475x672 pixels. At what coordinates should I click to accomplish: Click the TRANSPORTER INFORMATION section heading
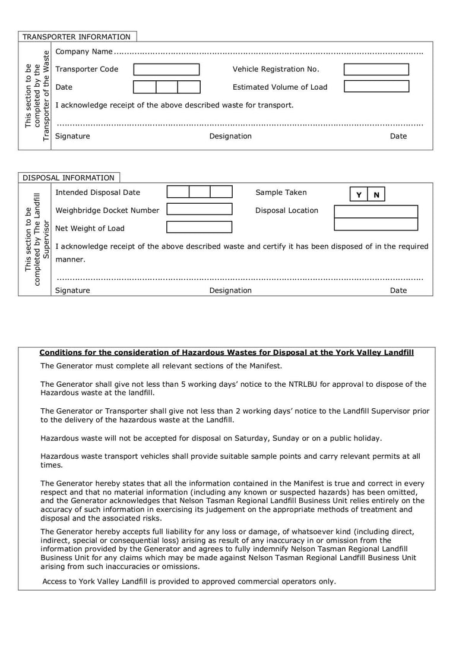coord(76,37)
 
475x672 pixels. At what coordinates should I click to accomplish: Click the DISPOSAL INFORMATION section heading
coord(68,178)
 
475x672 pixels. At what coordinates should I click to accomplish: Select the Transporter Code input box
coord(166,70)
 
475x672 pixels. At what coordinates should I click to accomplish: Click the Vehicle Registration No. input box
coord(376,70)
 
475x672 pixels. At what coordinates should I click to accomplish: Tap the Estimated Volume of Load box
coord(376,87)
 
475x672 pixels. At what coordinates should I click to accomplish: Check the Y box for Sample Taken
coord(359,195)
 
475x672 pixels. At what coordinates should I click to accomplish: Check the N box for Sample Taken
coord(376,195)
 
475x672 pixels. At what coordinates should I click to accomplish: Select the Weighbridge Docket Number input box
coord(199,210)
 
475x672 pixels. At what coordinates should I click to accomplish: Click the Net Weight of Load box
coord(199,227)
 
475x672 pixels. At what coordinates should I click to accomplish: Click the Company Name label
coord(84,52)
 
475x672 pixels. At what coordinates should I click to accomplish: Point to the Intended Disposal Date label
coord(98,193)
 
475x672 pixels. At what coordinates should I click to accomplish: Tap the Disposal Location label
coord(287,210)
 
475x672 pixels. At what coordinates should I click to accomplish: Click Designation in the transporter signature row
coord(230,136)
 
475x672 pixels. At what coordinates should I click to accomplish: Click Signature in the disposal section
coord(72,291)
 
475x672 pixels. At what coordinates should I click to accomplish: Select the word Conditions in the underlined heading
coord(60,352)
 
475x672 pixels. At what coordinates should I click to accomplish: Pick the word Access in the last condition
coord(55,581)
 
